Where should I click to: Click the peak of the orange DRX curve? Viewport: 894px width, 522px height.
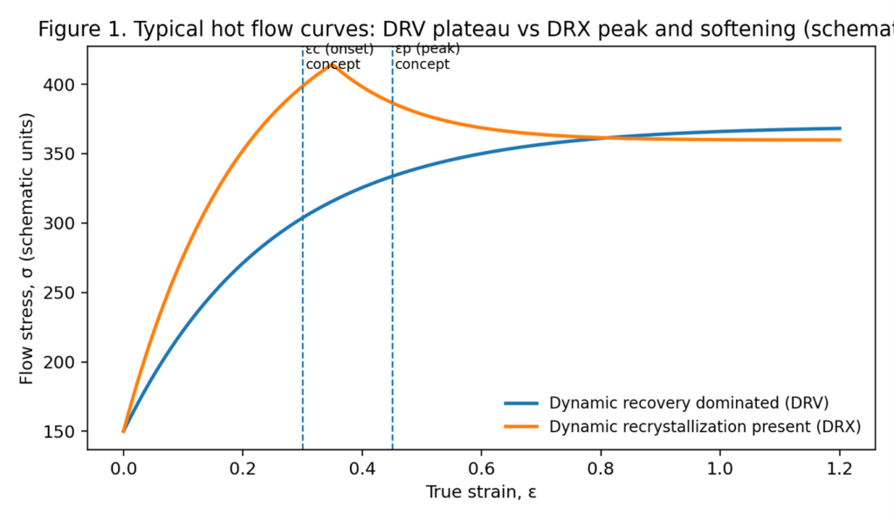[332, 65]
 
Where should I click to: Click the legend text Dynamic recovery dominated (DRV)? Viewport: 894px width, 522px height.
[688, 403]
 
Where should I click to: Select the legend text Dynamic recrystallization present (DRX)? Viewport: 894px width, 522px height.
[705, 427]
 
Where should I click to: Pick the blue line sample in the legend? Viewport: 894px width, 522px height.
[521, 403]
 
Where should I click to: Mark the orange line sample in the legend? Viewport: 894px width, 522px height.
[521, 427]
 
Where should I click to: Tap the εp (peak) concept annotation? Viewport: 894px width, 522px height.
[428, 57]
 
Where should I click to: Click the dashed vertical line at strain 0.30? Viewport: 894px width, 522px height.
[303, 262]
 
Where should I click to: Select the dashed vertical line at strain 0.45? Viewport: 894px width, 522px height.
[392, 262]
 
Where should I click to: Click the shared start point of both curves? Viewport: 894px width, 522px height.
[124, 431]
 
